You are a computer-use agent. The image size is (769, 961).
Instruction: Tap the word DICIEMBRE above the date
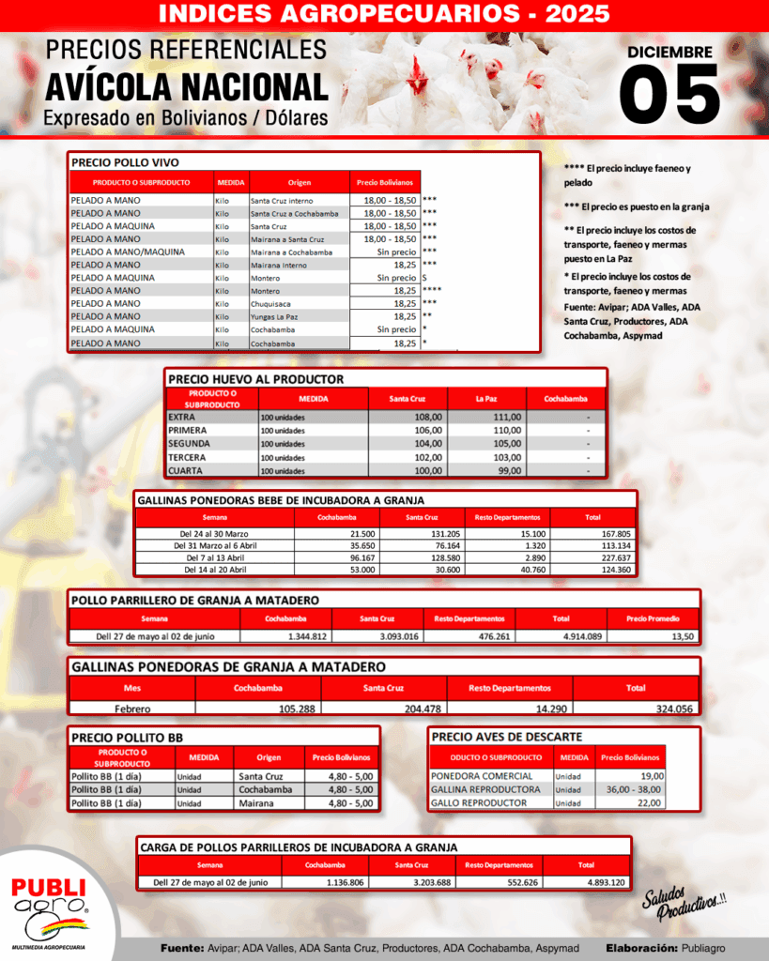669,53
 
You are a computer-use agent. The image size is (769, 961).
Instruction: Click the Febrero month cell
132,709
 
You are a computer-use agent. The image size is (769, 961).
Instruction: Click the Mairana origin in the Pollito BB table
258,803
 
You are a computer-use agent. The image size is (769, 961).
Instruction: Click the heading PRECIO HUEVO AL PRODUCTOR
255,379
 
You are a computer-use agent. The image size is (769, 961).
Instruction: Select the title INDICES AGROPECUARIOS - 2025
384,14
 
